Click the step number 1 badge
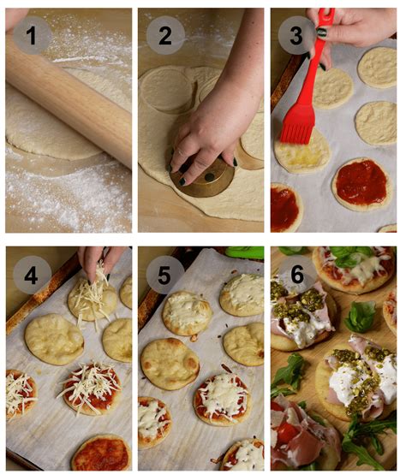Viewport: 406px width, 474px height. (32, 35)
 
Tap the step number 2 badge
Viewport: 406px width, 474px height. (164, 35)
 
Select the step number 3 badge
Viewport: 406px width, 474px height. (296, 35)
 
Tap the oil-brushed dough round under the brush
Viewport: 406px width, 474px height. (302, 155)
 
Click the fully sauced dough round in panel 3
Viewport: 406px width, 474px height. (361, 181)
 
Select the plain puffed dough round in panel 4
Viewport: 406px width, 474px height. (54, 338)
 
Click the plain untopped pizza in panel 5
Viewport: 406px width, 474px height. (170, 362)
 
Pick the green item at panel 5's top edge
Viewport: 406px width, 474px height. (244, 252)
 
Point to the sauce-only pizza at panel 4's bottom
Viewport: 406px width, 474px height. (101, 451)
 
